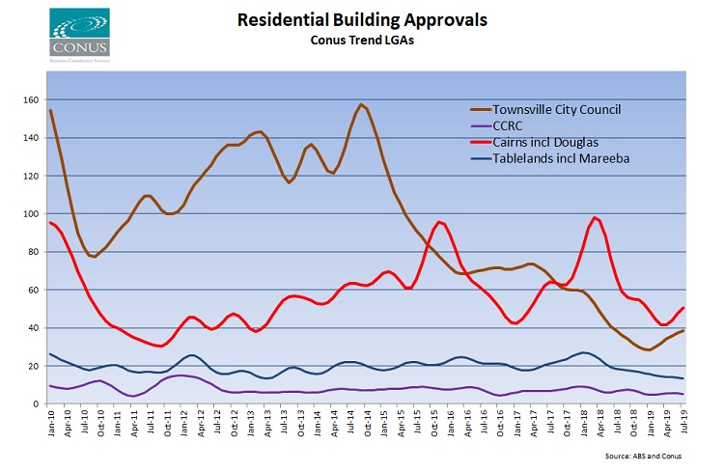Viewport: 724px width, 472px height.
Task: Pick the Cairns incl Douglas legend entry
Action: point(545,144)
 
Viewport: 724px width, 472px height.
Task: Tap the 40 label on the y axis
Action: point(33,328)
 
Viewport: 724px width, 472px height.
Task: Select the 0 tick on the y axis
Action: point(36,404)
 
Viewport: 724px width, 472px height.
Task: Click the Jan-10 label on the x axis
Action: point(51,424)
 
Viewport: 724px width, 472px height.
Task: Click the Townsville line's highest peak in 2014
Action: point(361,104)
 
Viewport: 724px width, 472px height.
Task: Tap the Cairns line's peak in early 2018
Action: point(596,217)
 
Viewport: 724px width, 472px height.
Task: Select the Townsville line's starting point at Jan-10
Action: point(50,111)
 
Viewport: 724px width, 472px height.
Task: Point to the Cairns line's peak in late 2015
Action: point(439,222)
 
